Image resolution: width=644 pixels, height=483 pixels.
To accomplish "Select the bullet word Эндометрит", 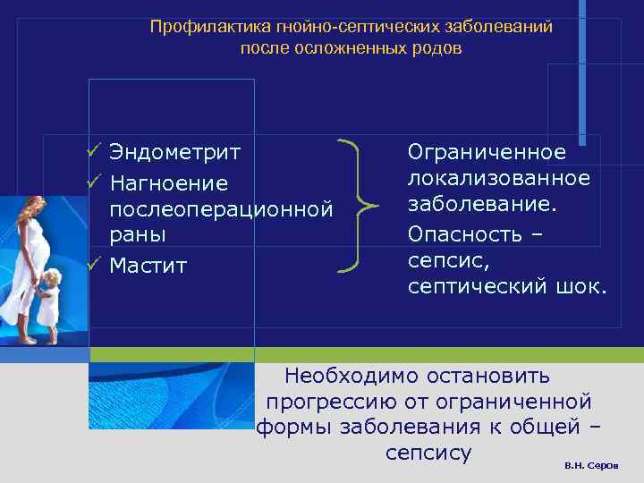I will tap(174, 152).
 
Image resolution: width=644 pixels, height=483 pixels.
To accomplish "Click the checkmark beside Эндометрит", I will tap(92, 151).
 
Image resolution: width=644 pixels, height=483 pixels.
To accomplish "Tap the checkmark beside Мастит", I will tap(92, 265).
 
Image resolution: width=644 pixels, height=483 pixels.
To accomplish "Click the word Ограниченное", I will tap(487, 152).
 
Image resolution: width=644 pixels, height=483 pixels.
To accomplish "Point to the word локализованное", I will tap(499, 178).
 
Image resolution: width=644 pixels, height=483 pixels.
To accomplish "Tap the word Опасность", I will tap(470, 233).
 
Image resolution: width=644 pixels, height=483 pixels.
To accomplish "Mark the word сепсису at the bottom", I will tap(428, 453).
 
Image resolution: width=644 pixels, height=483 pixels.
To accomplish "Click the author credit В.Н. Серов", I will tap(597, 468).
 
